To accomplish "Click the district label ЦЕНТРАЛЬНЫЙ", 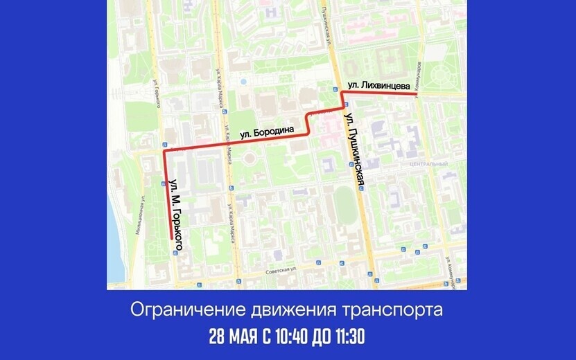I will click(x=428, y=164).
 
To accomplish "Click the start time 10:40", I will click(x=287, y=337).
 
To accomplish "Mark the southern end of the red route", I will click(x=171, y=239).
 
